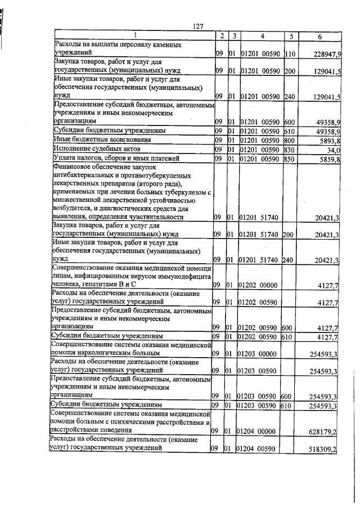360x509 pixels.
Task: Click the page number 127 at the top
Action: click(197, 26)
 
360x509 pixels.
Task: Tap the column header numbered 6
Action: click(319, 36)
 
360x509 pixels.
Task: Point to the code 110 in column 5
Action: click(290, 53)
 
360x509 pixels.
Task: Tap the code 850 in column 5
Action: click(290, 159)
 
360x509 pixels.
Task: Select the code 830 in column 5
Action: click(290, 149)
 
